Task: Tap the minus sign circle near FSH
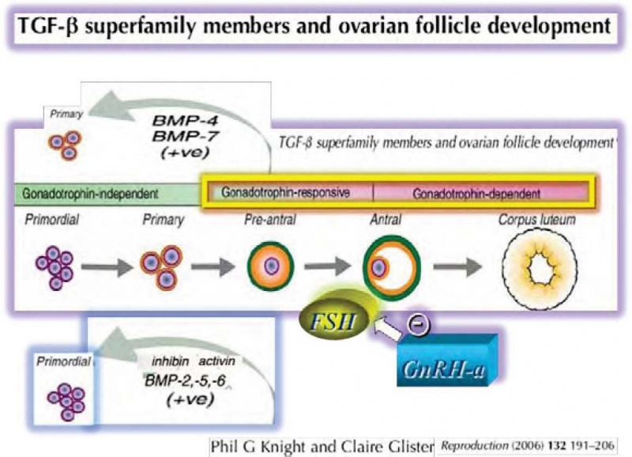pyautogui.click(x=412, y=323)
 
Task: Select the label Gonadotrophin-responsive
pyautogui.click(x=286, y=192)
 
